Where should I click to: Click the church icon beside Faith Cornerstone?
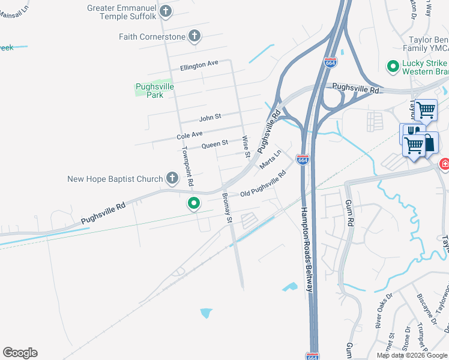coord(194,37)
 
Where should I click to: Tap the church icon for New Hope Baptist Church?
coord(172,178)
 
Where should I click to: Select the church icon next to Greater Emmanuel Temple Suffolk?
coord(166,10)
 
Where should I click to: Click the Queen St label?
coord(214,144)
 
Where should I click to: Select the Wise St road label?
coord(246,146)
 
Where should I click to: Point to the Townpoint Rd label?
coord(188,165)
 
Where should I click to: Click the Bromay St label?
coord(227,208)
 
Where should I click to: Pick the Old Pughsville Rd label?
coord(262,184)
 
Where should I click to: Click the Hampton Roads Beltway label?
coord(307,250)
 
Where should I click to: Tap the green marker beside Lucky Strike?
coord(393,65)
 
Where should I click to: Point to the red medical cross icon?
coord(445,163)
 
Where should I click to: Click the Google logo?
coord(20,353)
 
